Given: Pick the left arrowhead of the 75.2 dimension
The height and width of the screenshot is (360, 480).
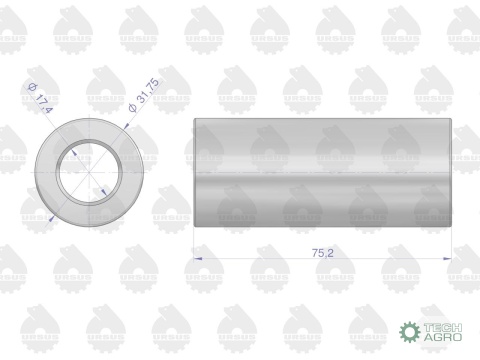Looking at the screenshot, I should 194,258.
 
